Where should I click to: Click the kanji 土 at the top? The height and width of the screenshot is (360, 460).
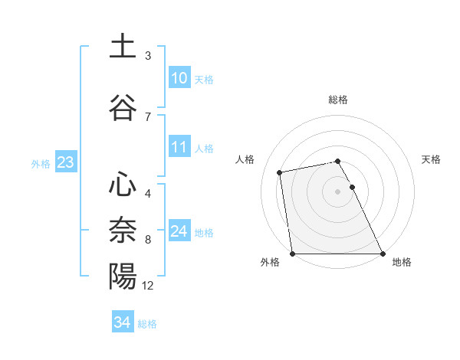pos(123,46)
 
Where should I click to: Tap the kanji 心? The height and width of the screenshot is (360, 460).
pos(123,184)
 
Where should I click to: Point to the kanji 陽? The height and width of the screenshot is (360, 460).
pos(123,276)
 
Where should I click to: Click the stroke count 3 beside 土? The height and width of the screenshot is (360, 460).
pos(148,55)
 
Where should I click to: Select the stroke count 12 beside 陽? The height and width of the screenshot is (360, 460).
pos(148,286)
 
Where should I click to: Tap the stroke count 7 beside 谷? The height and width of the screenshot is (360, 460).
pos(148,116)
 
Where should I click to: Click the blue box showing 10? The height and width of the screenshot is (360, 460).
pos(179,78)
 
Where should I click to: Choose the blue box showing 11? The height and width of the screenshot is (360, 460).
pos(179,147)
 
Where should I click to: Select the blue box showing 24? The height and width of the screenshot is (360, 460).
pos(179,231)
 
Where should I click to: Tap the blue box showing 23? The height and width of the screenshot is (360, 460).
pos(65,162)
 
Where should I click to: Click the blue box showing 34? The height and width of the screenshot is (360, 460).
pos(123,322)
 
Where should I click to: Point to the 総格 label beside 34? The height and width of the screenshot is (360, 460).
pos(147,324)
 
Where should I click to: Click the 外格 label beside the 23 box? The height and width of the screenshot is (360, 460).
pos(41,163)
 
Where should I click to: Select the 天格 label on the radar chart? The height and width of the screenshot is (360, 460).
pos(431,159)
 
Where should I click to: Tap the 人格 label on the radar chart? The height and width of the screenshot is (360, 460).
pos(245,159)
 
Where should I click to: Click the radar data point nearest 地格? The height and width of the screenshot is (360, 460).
pos(383,254)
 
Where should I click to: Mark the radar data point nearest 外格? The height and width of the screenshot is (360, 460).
pos(292,254)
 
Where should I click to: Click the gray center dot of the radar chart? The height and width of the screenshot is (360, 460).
pos(337,191)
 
